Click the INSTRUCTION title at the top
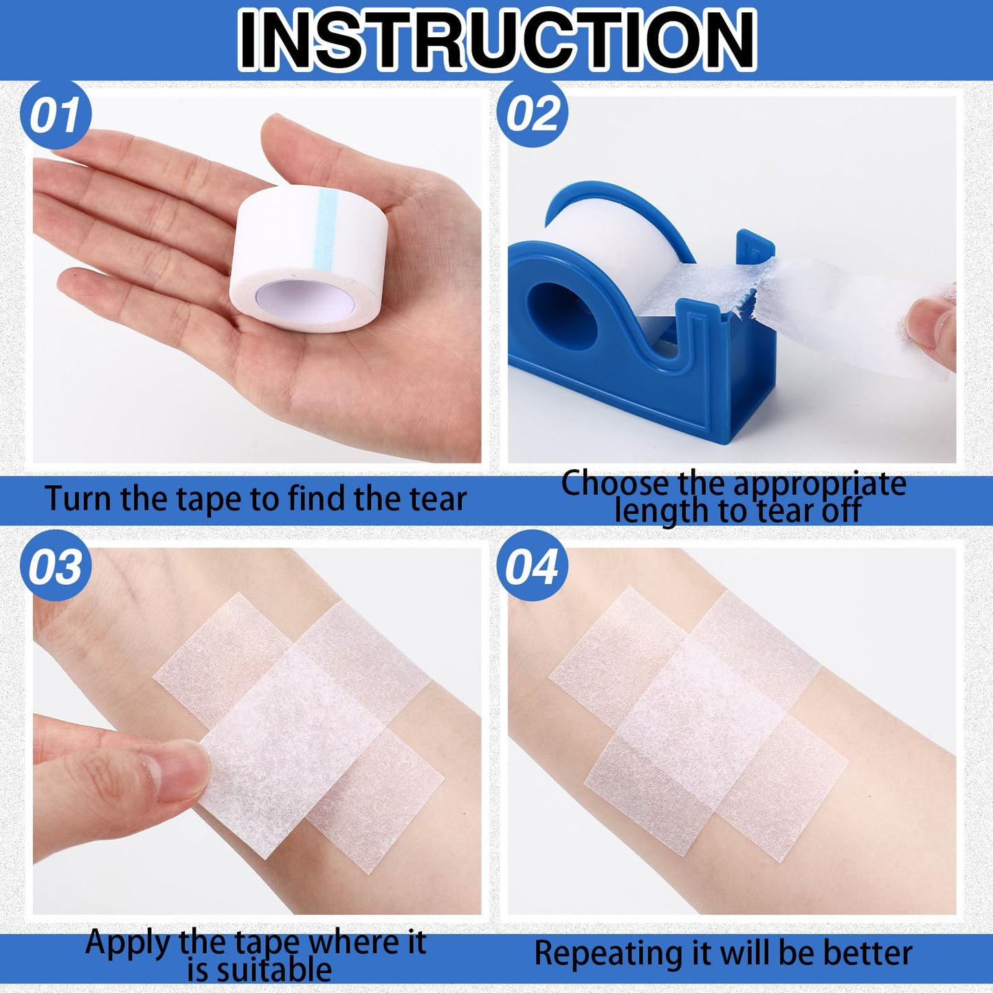click(496, 40)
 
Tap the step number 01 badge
click(55, 115)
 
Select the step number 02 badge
click(532, 113)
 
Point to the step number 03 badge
click(55, 567)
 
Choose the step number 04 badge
click(532, 567)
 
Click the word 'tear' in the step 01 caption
click(438, 499)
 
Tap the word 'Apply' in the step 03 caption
click(128, 944)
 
